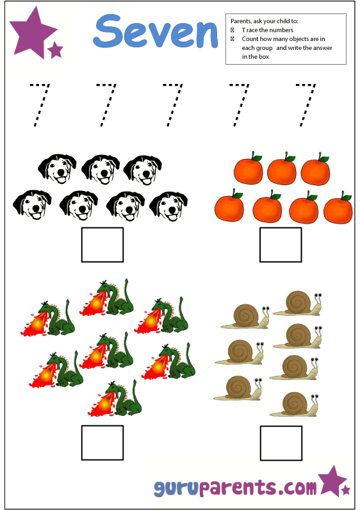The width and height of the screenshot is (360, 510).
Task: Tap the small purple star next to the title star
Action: (55, 50)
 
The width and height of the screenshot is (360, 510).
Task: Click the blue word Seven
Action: (156, 31)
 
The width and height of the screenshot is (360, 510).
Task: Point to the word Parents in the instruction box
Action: (241, 21)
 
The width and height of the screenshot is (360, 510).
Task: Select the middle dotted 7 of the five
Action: (173, 105)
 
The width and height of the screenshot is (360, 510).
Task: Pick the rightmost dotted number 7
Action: (306, 105)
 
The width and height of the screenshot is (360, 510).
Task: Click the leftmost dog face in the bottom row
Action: (32, 205)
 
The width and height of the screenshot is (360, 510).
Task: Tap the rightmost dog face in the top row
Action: (143, 170)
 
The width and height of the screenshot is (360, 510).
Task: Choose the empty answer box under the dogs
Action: (102, 245)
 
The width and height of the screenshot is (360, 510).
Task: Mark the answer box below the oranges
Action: (281, 245)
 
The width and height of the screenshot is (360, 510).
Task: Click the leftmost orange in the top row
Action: (248, 169)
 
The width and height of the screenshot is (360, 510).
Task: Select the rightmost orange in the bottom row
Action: (338, 208)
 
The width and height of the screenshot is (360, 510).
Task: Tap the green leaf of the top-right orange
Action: (323, 159)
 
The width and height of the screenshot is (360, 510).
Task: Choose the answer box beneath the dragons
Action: (102, 443)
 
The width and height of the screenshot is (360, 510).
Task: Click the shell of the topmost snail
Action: (299, 302)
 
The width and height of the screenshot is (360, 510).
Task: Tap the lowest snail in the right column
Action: (293, 404)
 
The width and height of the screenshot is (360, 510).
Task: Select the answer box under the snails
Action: (281, 443)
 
